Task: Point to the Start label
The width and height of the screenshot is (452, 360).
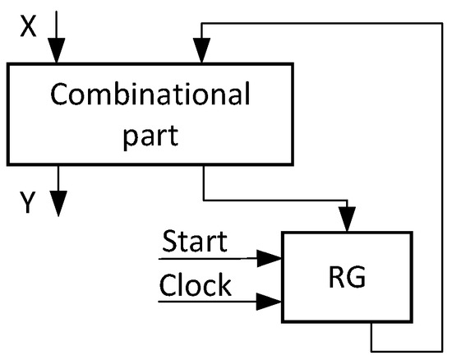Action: [195, 243]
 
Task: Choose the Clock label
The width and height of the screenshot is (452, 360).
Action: [195, 287]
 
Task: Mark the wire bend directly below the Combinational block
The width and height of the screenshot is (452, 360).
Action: [203, 198]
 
